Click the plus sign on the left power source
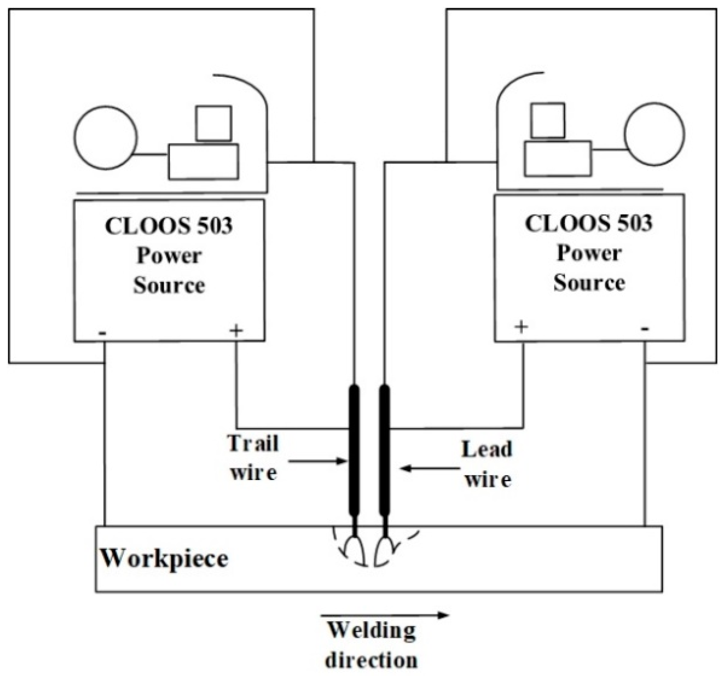[236, 331]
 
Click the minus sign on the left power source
[103, 333]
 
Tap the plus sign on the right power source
[521, 327]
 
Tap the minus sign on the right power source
[645, 329]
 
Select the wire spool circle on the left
[106, 138]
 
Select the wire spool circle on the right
[654, 134]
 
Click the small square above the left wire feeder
[213, 123]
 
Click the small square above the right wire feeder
[547, 120]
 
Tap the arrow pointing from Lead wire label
[429, 468]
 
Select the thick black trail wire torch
[354, 450]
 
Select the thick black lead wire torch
[384, 450]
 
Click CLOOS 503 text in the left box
[169, 226]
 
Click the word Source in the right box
[589, 283]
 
